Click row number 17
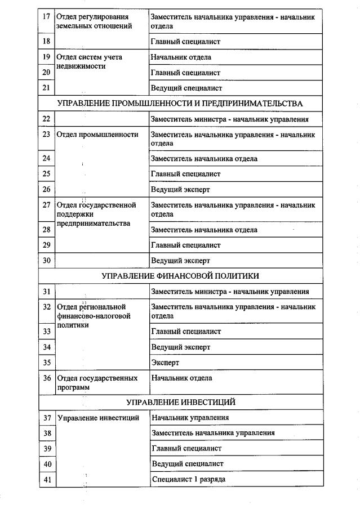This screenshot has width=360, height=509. pos(47,17)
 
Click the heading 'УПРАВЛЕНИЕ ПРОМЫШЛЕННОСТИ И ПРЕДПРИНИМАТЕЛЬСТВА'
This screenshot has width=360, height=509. pos(180,104)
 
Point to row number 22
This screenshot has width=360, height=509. pos(47,119)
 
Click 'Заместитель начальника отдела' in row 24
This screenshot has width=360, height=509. pos(204,159)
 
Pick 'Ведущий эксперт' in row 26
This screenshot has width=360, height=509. pos(180,190)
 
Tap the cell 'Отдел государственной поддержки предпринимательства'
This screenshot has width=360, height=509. pos(96,214)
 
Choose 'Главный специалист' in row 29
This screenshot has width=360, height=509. pos(185,245)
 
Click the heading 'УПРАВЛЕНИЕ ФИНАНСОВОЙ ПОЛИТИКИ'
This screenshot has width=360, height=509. pos(180,276)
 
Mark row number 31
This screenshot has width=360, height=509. pos(47,292)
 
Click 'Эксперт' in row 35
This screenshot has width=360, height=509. pos(165,363)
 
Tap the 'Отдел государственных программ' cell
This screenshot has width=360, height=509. pos(97,383)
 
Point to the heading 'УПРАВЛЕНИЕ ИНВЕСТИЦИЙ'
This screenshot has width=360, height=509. pos(180,402)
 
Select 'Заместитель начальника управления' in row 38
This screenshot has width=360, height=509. pos(213,433)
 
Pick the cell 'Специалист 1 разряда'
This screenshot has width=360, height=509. pos(188,479)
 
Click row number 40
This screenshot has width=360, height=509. pos(47,464)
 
